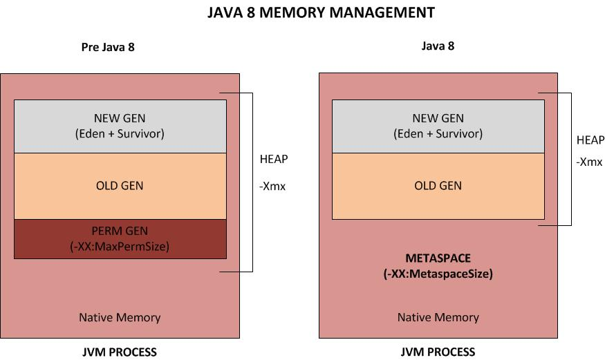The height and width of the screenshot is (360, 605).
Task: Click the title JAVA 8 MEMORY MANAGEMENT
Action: pos(321,12)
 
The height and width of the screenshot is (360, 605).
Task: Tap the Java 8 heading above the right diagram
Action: pos(438,46)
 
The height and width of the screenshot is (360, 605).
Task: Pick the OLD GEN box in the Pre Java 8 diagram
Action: pos(120,186)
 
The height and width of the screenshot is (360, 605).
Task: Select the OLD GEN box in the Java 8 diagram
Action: pos(438,186)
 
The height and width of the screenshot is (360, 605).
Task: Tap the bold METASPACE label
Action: pos(438,258)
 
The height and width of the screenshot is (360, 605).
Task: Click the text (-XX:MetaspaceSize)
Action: pos(438,274)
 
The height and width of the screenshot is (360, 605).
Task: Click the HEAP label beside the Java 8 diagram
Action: pos(590,140)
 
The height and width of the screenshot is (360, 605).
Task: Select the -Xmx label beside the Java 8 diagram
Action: pos(589,162)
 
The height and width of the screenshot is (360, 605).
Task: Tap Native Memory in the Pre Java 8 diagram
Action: pos(120,318)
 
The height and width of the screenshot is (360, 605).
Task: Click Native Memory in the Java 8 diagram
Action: pos(438,318)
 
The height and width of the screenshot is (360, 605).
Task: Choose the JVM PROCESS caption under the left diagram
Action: pos(120,352)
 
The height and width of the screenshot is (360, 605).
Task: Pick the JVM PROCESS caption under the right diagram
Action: pos(438,352)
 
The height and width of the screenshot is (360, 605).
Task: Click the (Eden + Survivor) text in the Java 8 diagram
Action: pos(438,133)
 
